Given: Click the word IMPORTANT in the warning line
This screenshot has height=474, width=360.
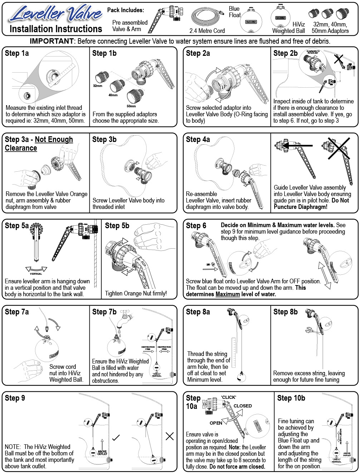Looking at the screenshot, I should point(51,41).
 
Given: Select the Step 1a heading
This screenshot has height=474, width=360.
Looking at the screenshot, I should point(17,53).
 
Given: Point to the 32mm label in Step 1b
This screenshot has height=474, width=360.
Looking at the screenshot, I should point(98,86).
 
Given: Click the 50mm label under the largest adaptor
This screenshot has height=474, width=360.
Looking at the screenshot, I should point(131,106).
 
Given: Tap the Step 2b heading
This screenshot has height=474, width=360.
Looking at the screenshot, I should point(285,53).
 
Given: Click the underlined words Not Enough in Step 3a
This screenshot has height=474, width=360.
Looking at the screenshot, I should point(54,140).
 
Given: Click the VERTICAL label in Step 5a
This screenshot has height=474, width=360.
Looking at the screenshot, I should point(36,274).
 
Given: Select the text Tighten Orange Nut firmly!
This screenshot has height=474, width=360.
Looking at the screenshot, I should point(136,293).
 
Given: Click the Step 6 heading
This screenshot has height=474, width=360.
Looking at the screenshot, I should point(196,226).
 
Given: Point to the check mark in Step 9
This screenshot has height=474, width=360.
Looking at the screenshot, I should point(116,437).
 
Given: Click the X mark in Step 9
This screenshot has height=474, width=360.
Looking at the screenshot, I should point(169,436).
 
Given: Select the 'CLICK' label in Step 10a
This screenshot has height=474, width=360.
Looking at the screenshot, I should point(228,397).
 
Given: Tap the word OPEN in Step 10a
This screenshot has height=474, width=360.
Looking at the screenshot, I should point(216,423).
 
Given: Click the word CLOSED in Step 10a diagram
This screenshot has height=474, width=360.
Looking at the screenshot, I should point(243,406).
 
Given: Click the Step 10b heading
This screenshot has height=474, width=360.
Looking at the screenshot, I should point(291,398).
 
